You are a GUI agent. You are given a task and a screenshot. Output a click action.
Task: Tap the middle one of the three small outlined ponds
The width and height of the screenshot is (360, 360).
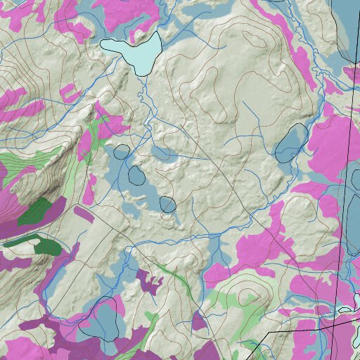pos(136,175)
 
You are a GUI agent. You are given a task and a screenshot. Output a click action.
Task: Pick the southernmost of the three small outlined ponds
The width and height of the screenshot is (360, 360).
pos(167,205)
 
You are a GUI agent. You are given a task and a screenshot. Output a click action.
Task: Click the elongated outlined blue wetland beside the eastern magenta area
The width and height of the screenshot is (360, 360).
pos(290,142)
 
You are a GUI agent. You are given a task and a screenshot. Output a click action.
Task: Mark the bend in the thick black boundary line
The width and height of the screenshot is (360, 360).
pos(321,326)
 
